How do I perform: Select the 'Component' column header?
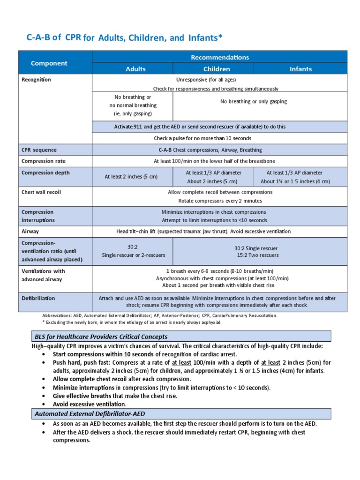pos(49,63)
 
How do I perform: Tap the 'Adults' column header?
pos(135,69)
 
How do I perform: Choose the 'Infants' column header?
pos(300,69)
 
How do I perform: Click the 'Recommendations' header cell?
pos(220,57)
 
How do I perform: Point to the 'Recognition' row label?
pos(37,80)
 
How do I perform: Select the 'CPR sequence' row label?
pos(39,150)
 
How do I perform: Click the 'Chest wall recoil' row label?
pos(42,192)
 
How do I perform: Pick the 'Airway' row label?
pos(30,231)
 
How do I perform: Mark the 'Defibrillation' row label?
pos(38,298)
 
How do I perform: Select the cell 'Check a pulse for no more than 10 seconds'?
pos(219,138)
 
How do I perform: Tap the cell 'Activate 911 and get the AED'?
pos(219,127)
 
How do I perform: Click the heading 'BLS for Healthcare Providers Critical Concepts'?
pos(101,337)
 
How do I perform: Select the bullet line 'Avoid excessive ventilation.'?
pos(90,404)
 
